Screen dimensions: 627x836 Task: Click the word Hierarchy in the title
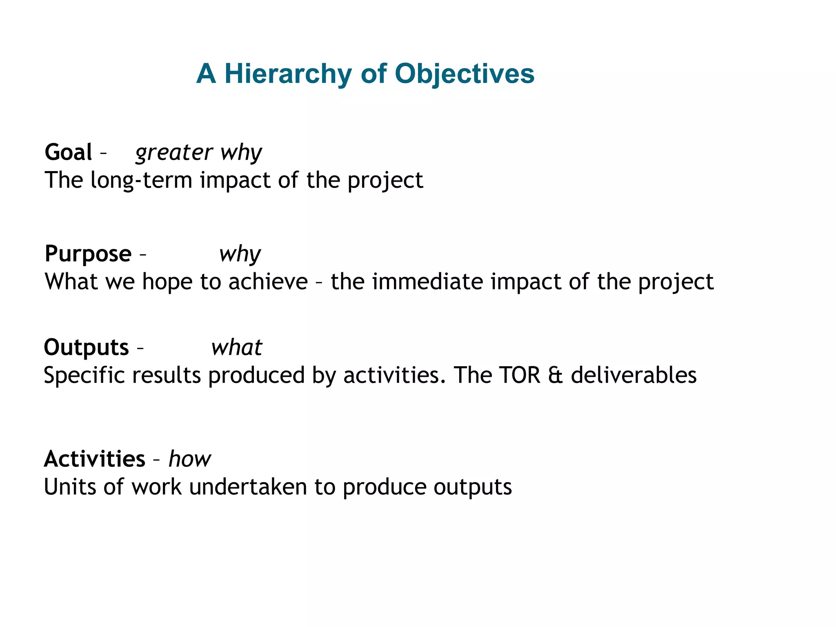click(288, 74)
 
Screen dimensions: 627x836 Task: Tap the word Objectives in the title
click(465, 74)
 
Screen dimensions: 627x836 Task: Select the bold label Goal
click(68, 152)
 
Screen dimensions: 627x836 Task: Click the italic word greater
click(174, 153)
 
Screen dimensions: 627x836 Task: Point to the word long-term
click(141, 180)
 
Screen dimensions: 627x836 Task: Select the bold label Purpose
click(88, 254)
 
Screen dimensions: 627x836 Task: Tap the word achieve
click(268, 282)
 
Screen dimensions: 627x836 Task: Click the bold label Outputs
click(86, 347)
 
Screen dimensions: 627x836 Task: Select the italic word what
click(237, 348)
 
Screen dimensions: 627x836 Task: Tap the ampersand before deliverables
click(555, 376)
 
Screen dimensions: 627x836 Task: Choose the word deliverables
click(634, 375)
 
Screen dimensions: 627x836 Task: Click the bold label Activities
click(94, 459)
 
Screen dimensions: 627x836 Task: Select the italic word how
click(190, 459)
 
